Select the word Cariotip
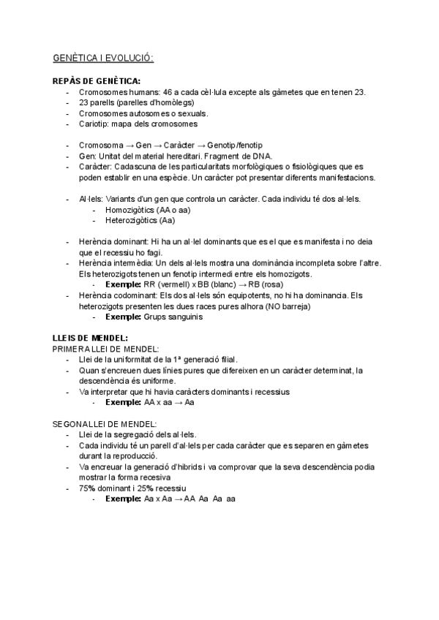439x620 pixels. click(x=93, y=124)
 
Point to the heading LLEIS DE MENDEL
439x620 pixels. click(x=91, y=338)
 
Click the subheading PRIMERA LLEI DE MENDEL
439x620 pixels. click(x=106, y=349)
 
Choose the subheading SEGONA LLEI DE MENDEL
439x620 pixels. click(x=105, y=423)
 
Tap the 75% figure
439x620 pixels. click(x=87, y=488)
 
